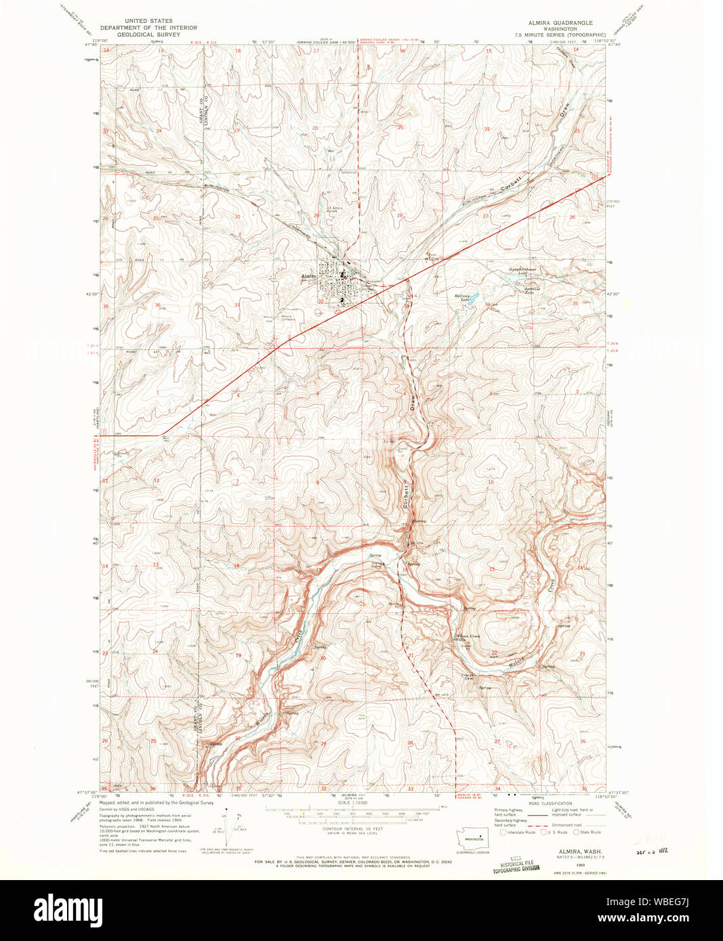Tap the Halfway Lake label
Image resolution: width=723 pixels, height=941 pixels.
click(x=463, y=296)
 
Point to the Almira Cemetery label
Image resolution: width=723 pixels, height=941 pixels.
click(x=289, y=317)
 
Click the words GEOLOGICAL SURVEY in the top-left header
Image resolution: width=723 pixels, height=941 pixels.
click(x=148, y=34)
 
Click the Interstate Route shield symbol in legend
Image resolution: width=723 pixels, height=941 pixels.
click(x=503, y=832)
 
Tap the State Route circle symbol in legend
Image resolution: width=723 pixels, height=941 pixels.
click(x=577, y=832)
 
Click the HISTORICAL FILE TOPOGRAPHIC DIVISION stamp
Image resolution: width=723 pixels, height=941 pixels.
click(x=516, y=866)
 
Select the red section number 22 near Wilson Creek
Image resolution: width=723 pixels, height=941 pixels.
click(x=494, y=653)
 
